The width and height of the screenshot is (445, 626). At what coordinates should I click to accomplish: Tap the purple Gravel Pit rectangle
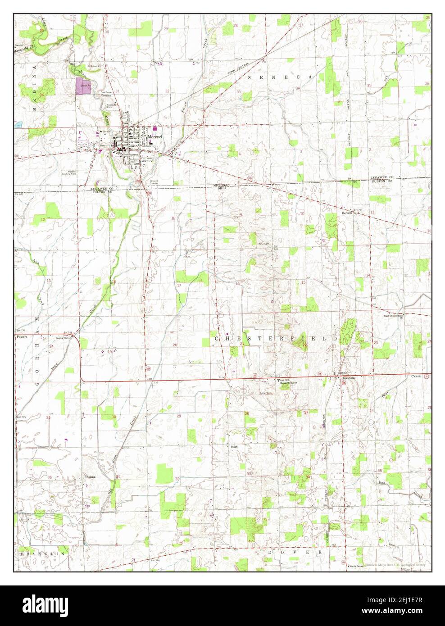pyautogui.click(x=83, y=85)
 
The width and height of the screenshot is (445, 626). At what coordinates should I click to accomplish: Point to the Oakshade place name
pyautogui.click(x=348, y=378)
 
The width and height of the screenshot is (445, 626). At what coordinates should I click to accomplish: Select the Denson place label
pyautogui.click(x=346, y=213)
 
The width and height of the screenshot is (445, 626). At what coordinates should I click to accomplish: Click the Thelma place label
pyautogui.click(x=88, y=476)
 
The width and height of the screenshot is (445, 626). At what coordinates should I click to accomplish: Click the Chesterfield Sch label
pyautogui.click(x=289, y=383)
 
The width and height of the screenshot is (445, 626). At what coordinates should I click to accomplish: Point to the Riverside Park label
pyautogui.click(x=111, y=105)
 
